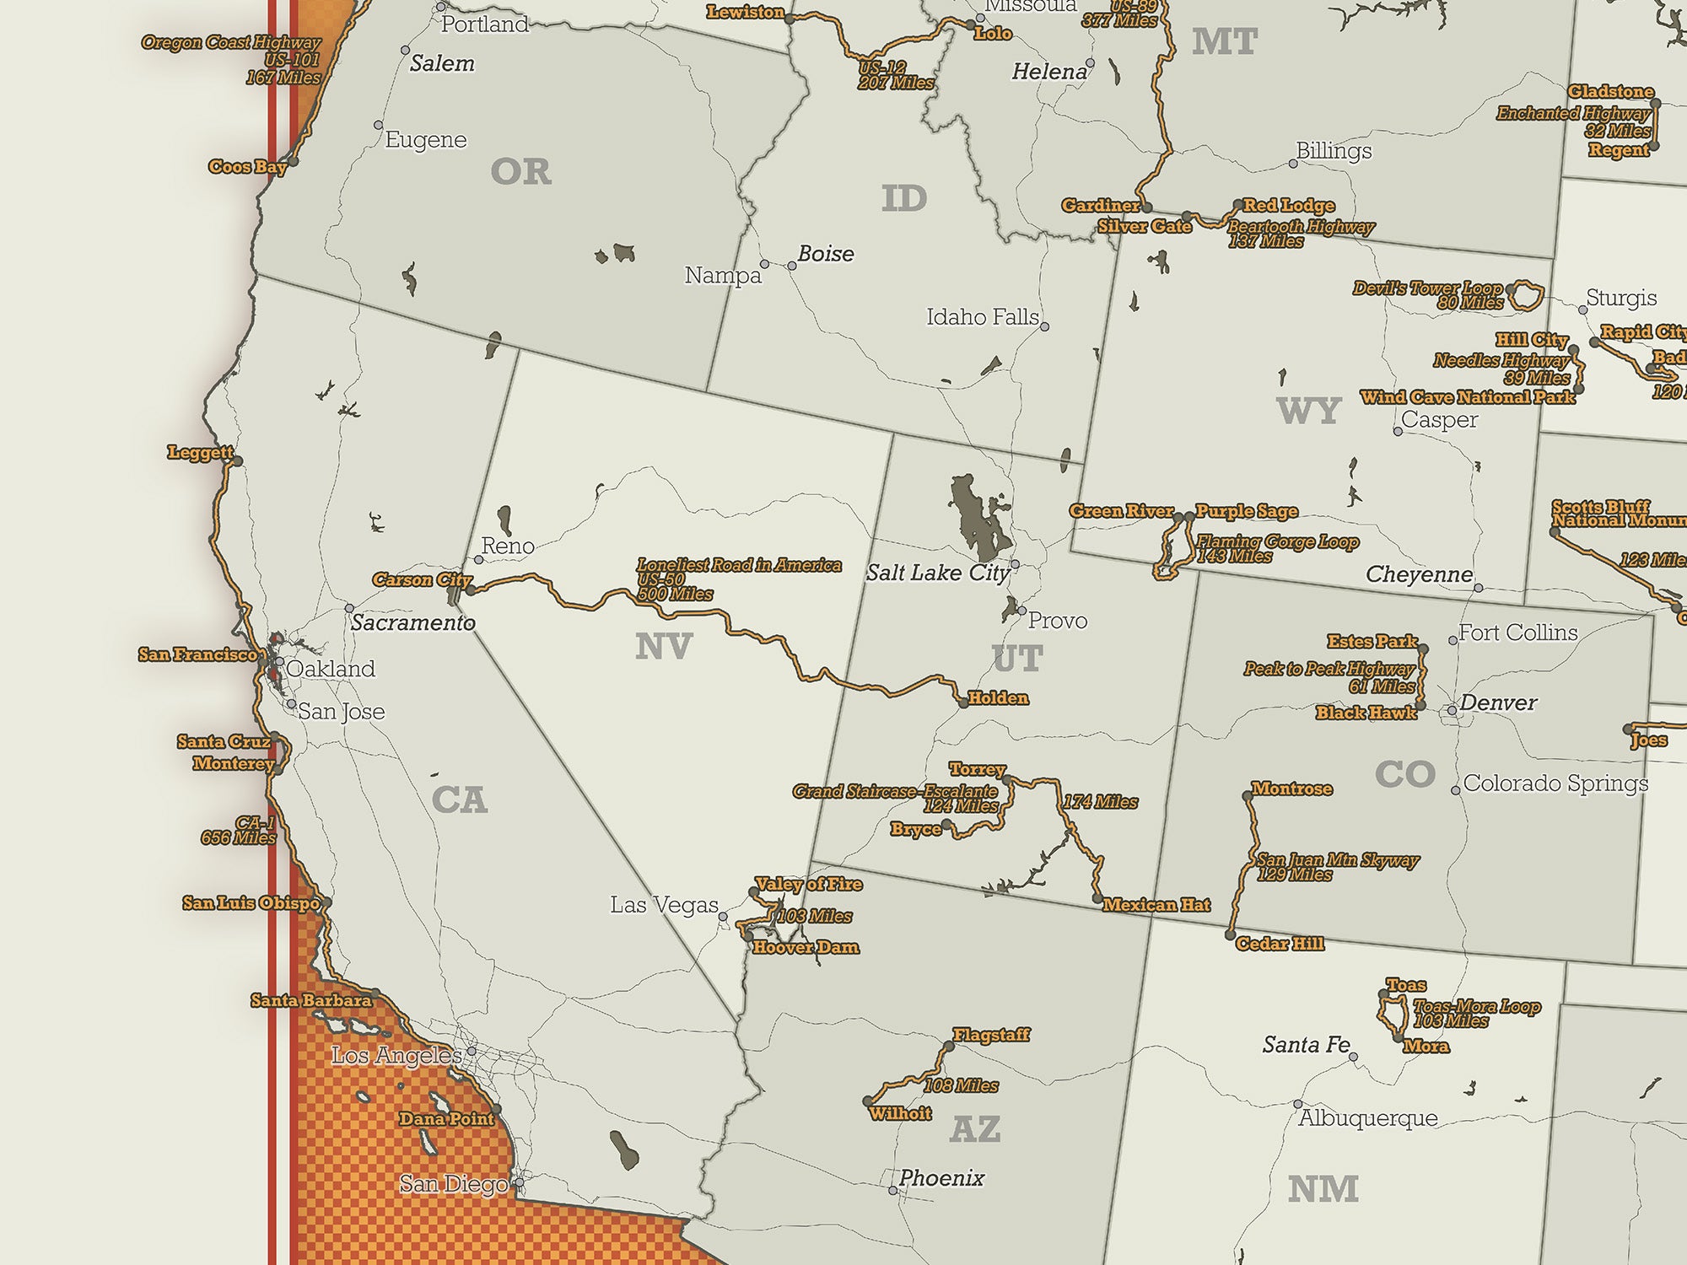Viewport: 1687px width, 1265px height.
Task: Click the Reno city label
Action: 508,546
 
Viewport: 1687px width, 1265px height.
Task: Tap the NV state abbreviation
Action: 663,647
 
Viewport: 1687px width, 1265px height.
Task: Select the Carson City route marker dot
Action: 471,589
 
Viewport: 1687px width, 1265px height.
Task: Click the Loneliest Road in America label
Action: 739,565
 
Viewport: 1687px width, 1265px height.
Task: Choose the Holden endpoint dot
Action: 963,702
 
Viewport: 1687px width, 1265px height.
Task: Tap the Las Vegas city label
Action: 664,905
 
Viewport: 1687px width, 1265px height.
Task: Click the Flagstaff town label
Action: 991,1035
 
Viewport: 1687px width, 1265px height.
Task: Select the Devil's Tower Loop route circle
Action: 1526,295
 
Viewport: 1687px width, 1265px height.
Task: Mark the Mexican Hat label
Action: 1156,905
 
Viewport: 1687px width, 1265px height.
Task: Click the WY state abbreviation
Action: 1308,411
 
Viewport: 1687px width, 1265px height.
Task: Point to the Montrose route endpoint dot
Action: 1247,795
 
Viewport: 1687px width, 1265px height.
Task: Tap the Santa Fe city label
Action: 1306,1045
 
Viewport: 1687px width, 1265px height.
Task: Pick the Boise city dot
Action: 791,266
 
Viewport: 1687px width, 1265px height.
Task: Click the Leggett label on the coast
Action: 200,452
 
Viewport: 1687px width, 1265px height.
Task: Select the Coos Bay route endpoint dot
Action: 293,161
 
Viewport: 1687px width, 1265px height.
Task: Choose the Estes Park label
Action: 1372,642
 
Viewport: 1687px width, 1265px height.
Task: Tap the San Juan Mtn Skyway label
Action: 1337,860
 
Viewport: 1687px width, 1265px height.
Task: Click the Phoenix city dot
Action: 892,1191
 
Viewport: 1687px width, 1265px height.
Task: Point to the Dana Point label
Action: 446,1119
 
